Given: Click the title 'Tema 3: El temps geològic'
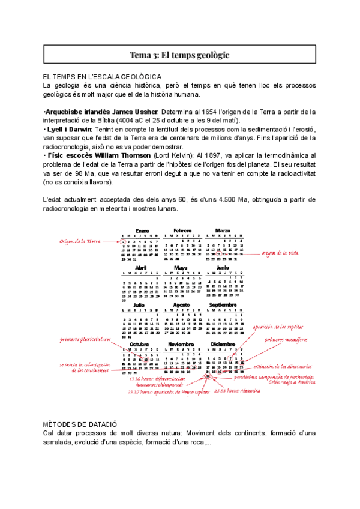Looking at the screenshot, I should pyautogui.click(x=179, y=55).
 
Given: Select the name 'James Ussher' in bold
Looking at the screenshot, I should pyautogui.click(x=136, y=112).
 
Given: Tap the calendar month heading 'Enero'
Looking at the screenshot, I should pyautogui.click(x=142, y=230).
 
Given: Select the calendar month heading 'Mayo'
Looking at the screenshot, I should pyautogui.click(x=181, y=267).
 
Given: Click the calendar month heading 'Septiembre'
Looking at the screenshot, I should pyautogui.click(x=222, y=304).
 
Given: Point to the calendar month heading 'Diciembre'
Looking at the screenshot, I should pyautogui.click(x=222, y=344).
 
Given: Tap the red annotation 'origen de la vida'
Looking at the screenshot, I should pyautogui.click(x=281, y=253).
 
